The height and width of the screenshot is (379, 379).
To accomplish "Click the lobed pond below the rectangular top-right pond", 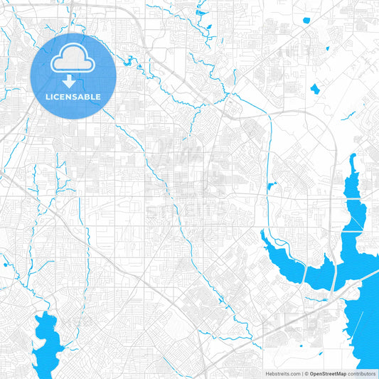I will coord(314,90).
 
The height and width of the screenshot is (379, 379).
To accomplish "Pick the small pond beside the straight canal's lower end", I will coord(271,187).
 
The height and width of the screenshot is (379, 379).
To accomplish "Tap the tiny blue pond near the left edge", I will coord(5,265).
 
